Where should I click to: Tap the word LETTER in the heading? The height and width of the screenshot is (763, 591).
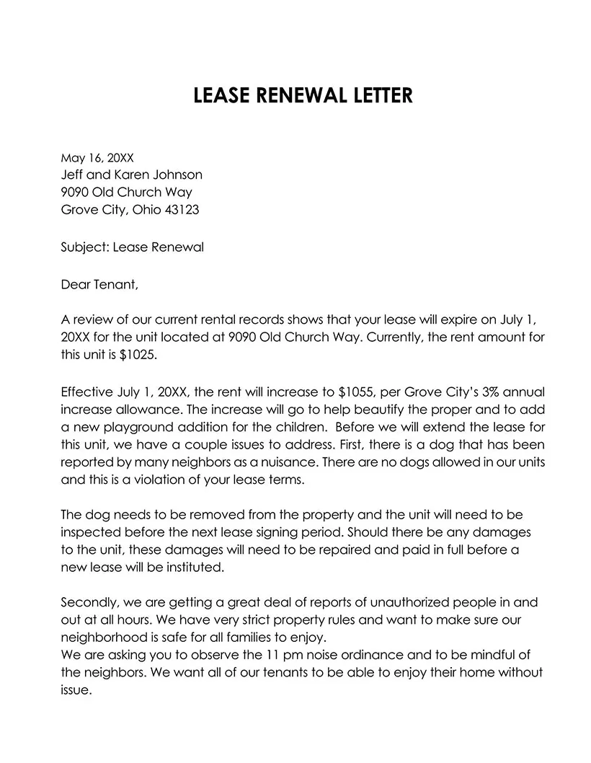click(376, 95)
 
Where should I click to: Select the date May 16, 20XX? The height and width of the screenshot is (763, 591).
click(93, 156)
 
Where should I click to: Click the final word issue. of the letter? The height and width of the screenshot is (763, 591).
click(76, 689)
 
